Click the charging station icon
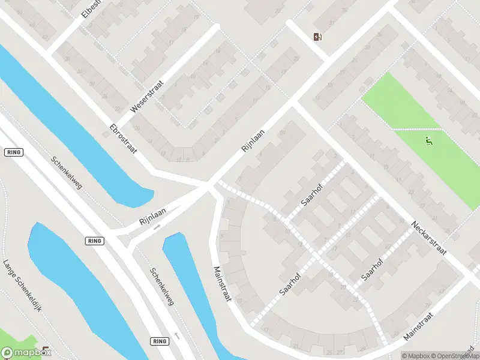click(317, 37)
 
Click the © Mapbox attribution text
click(416, 355)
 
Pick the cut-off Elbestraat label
click(94, 8)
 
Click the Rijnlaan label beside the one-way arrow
click(152, 212)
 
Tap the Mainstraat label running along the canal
click(221, 283)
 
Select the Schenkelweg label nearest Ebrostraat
click(66, 173)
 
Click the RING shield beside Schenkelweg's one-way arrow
click(158, 341)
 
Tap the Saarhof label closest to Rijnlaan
click(313, 194)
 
